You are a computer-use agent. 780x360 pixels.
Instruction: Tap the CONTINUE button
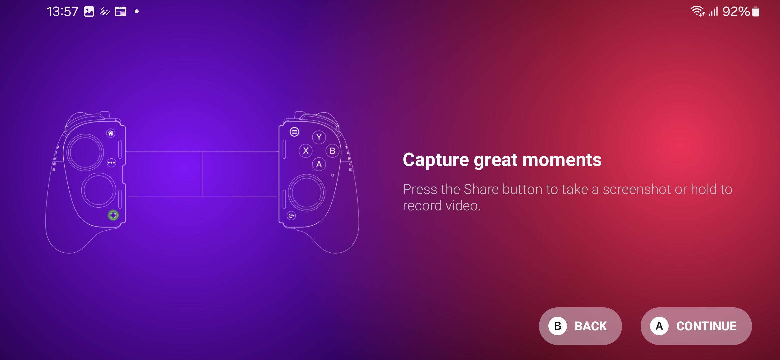696,326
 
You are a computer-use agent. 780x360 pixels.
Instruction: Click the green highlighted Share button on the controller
113,215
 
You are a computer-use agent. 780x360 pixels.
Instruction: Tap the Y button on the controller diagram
319,137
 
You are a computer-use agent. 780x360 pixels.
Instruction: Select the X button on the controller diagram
306,151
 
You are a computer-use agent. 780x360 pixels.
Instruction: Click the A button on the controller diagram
319,164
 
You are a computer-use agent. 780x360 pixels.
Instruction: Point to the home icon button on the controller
111,133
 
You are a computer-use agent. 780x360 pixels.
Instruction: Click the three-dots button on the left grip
111,163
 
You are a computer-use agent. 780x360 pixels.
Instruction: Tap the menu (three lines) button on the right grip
294,132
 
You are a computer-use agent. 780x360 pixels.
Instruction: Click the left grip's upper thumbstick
85,152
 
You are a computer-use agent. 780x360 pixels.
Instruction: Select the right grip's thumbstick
307,192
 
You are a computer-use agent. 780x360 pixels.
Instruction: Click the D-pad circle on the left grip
99,190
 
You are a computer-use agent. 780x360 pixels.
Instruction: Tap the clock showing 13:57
63,12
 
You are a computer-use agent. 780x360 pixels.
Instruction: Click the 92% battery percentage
736,12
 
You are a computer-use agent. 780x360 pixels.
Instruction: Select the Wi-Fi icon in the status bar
697,11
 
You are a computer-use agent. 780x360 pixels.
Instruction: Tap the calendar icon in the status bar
120,12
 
